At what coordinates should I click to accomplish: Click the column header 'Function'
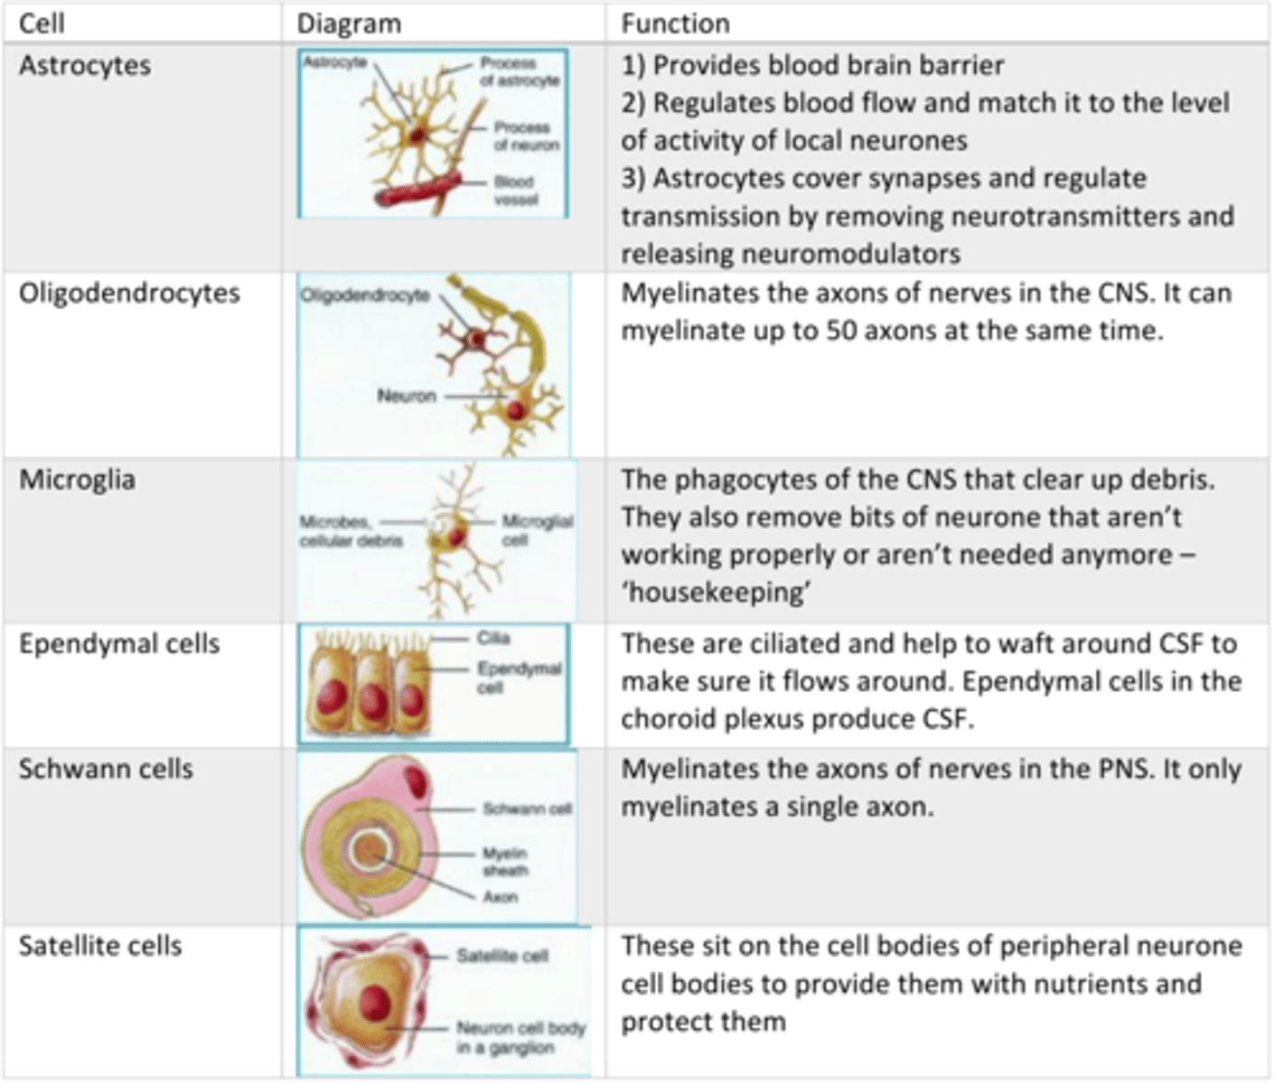[674, 23]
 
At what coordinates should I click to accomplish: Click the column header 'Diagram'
[349, 23]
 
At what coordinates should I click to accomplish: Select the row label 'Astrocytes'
[85, 66]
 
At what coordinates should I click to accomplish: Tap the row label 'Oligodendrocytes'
[129, 294]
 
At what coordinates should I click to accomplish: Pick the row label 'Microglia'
[77, 479]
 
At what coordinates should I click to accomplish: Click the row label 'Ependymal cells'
[119, 644]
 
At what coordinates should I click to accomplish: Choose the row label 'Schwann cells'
[106, 769]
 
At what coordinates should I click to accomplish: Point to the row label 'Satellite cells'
[100, 946]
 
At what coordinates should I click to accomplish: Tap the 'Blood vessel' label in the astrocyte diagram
[515, 190]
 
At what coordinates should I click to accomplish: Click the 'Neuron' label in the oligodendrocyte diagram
[407, 396]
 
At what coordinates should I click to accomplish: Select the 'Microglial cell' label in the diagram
[537, 530]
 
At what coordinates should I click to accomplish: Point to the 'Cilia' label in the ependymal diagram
[493, 639]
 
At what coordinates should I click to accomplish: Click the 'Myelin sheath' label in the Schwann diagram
[504, 862]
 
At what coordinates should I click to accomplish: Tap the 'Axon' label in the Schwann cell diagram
[500, 897]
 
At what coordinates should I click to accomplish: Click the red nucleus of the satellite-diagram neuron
[374, 1003]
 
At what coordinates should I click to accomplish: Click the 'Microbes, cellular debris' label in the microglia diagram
[351, 531]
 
